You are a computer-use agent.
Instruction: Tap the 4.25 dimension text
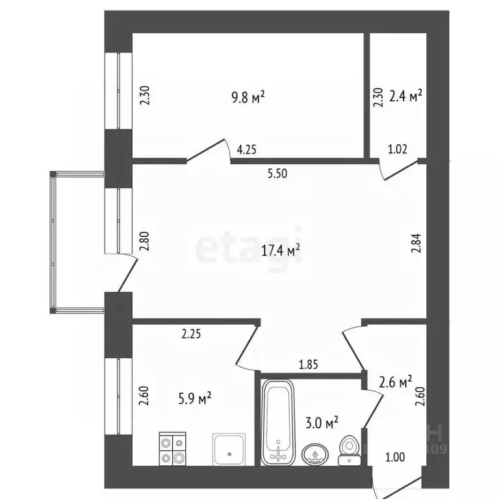point(246,149)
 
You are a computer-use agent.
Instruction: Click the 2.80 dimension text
point(145,242)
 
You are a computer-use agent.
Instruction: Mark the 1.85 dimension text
point(308,365)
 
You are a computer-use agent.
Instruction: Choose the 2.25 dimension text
point(191,336)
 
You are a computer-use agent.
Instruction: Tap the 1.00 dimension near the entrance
point(394,457)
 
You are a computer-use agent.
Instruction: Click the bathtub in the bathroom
point(277,422)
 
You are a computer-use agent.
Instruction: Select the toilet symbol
point(350,450)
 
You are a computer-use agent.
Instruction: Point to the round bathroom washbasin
point(315,454)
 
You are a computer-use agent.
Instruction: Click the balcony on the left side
point(77,242)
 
